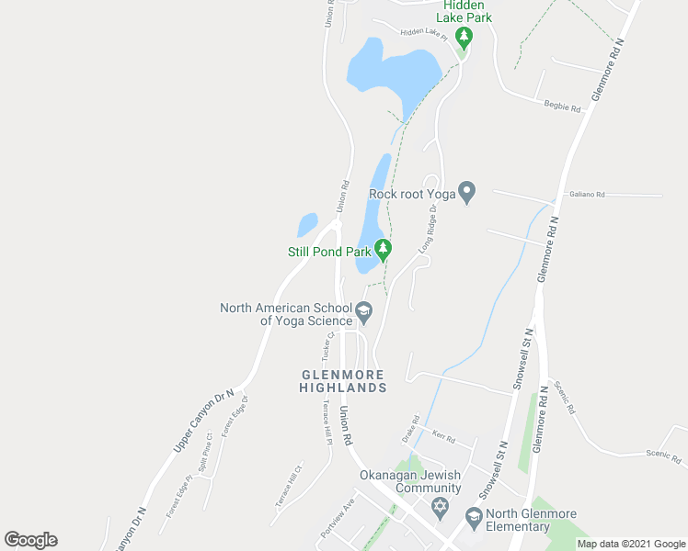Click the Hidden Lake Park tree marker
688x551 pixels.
465,38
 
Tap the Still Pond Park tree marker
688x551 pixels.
383,249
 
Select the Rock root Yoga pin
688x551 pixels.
467,193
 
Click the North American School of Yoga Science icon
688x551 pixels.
364,313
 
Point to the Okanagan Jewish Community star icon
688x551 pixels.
440,507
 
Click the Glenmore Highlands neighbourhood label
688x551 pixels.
343,381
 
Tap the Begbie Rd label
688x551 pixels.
562,108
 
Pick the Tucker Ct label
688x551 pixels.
327,345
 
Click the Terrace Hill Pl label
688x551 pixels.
327,423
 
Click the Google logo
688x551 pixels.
31,540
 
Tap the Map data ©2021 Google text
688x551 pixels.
631,544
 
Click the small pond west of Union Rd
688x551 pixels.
307,224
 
